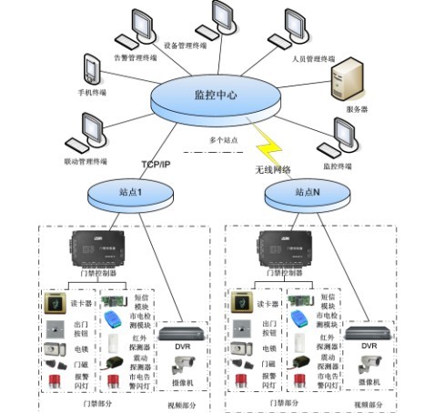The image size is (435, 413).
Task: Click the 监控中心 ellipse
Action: click(x=217, y=95)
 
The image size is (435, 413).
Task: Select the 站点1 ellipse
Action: click(x=126, y=193)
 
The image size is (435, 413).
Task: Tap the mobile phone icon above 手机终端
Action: click(x=89, y=69)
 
